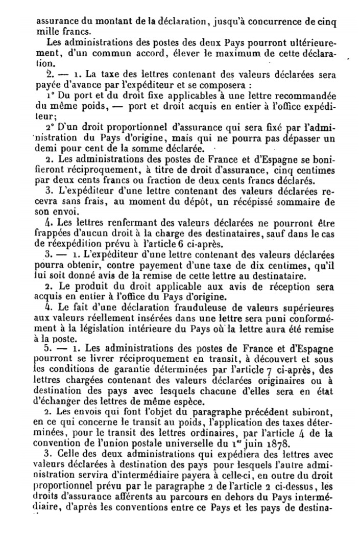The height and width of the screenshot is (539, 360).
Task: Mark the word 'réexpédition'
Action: point(66,243)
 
